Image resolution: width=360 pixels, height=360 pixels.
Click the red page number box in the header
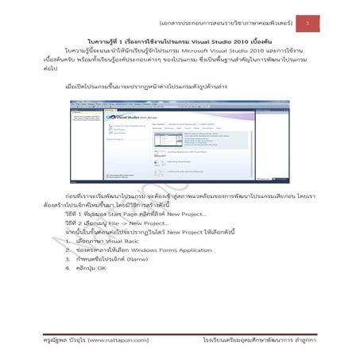pos(308,25)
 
